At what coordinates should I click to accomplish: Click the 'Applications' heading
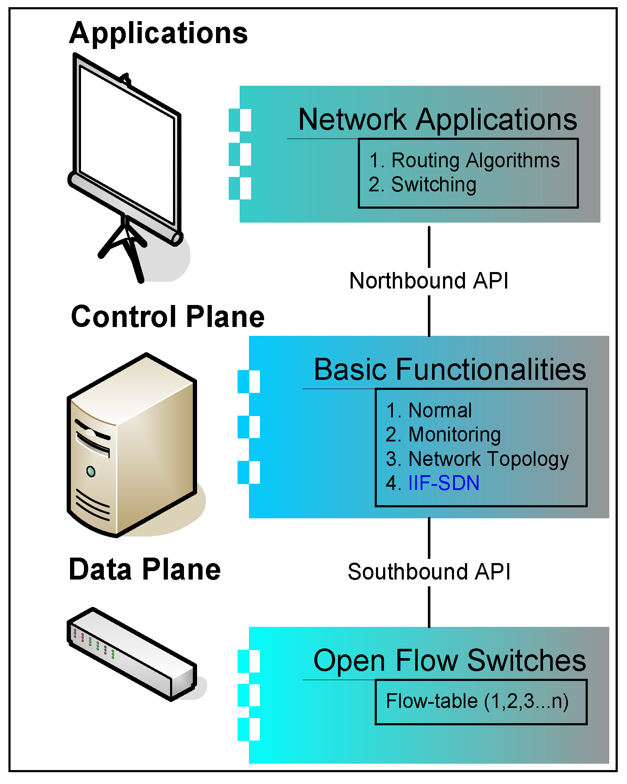pyautogui.click(x=159, y=34)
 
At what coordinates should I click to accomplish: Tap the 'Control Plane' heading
pyautogui.click(x=168, y=316)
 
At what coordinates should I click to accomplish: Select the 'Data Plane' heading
pyautogui.click(x=145, y=569)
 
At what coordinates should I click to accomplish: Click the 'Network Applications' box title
pyautogui.click(x=438, y=120)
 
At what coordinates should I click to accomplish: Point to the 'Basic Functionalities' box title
pyautogui.click(x=450, y=369)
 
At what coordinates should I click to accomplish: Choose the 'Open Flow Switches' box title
pyautogui.click(x=450, y=661)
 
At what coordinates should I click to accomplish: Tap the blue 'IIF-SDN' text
pyautogui.click(x=444, y=483)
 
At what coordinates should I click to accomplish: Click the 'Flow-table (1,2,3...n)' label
pyautogui.click(x=477, y=701)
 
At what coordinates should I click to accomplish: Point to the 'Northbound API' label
pyautogui.click(x=429, y=281)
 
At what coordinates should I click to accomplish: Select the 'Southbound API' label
pyautogui.click(x=429, y=572)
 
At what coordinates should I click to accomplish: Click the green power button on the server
pyautogui.click(x=91, y=471)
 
